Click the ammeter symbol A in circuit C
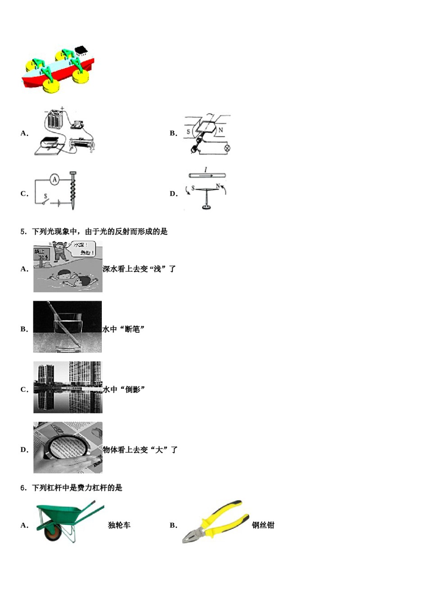[55, 180]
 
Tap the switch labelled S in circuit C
[45, 201]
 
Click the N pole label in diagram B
[220, 130]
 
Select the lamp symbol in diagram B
[227, 147]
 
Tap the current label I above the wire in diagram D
[206, 170]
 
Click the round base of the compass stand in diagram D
[206, 207]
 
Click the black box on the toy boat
[81, 50]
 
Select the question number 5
[23, 232]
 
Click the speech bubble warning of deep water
[83, 248]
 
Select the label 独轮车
[119, 525]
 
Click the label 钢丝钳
[263, 525]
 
